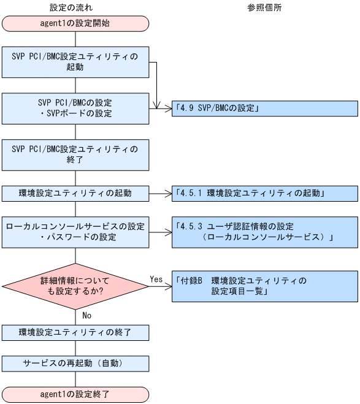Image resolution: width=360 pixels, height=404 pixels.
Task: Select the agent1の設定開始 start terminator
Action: click(75, 24)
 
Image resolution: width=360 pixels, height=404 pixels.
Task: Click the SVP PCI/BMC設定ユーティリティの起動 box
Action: click(75, 62)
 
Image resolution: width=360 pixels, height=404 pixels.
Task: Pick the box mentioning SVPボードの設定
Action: click(75, 109)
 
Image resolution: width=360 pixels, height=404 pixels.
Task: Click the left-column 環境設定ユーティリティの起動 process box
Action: click(75, 193)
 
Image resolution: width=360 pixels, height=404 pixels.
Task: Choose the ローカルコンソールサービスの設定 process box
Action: click(75, 232)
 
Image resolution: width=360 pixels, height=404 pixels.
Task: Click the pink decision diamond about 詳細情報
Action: click(75, 286)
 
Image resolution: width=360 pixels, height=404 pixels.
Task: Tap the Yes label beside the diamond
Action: click(156, 279)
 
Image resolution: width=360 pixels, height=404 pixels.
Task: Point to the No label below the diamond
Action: click(87, 315)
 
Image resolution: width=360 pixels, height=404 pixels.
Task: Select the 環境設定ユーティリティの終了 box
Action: click(75, 333)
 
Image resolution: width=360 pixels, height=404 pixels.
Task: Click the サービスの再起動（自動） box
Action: click(75, 363)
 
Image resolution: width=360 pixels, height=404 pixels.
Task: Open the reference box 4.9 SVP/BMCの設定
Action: click(264, 109)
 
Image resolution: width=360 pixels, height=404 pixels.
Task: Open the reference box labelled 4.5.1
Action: click(264, 193)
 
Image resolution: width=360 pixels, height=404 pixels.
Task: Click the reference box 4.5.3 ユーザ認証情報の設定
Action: click(264, 232)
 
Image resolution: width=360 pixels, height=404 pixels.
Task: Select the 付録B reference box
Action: click(264, 286)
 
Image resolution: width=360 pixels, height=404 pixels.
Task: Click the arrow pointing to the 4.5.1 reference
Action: click(160, 193)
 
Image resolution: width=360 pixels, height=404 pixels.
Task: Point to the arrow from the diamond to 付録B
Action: click(161, 286)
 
